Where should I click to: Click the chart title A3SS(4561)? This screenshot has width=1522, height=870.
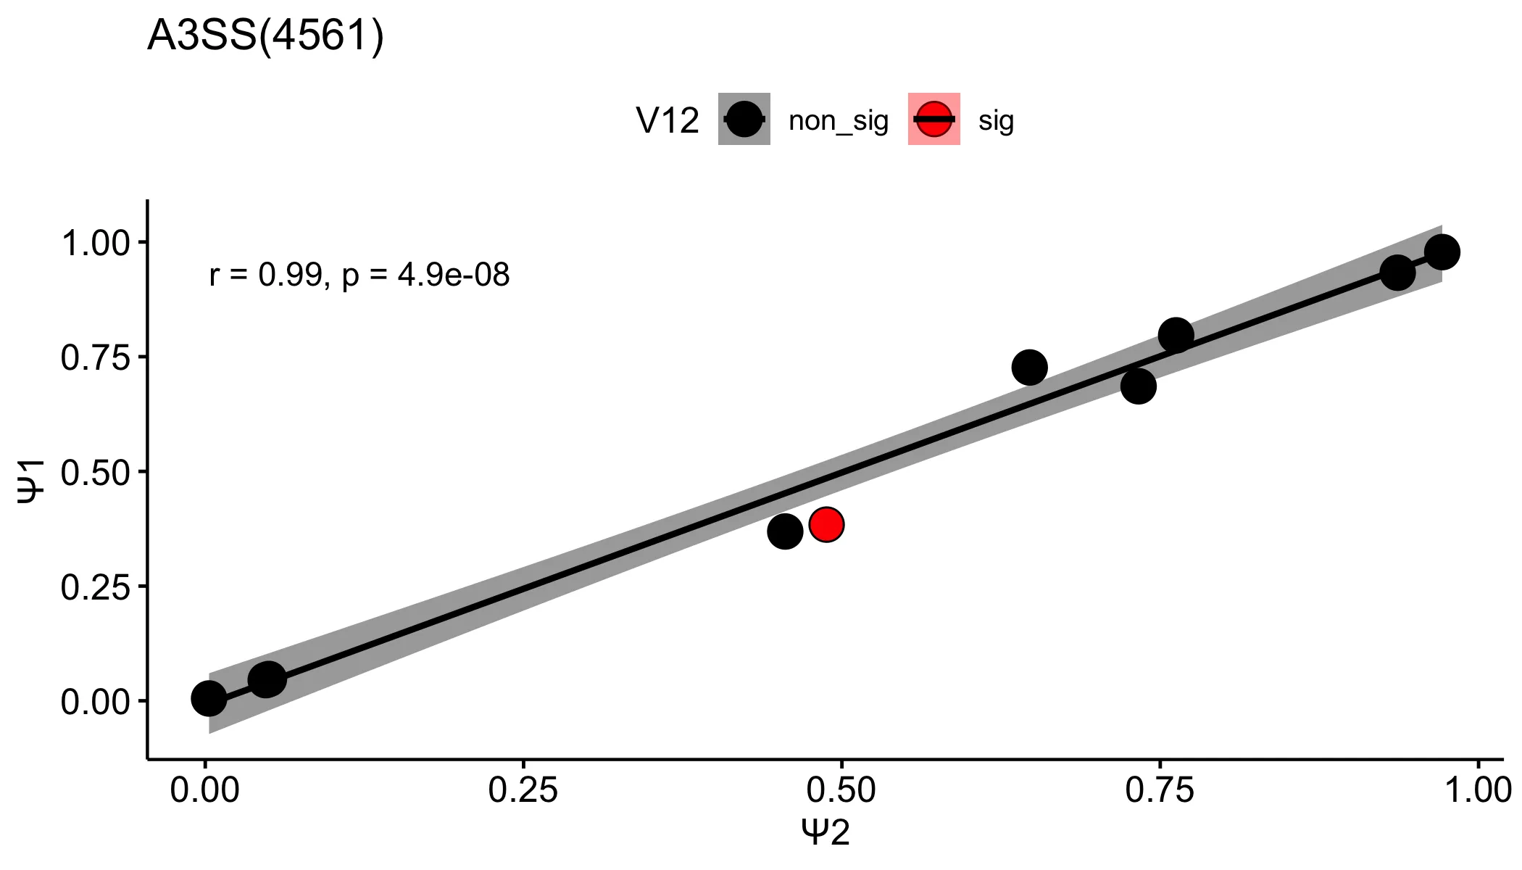[x=265, y=36]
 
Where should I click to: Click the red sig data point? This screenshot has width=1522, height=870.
[x=826, y=524]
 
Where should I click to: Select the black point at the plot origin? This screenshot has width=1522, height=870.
[x=209, y=698]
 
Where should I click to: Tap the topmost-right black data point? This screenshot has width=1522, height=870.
[x=1442, y=252]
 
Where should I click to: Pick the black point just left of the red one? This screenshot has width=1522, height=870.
[x=785, y=531]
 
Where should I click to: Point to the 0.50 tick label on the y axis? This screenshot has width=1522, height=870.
[x=95, y=472]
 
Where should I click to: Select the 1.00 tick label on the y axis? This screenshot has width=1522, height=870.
[x=95, y=243]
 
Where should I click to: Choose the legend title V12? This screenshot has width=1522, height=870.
[x=667, y=121]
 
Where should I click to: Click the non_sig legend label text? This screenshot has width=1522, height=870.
[x=838, y=120]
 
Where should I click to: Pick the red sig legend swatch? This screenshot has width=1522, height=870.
[x=933, y=119]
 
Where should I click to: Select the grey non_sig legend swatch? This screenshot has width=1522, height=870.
[x=744, y=119]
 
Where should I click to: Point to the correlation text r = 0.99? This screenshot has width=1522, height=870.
[x=265, y=275]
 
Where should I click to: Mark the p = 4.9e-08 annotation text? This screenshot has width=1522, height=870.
[x=426, y=275]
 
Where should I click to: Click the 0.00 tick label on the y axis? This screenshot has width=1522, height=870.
[x=95, y=702]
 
